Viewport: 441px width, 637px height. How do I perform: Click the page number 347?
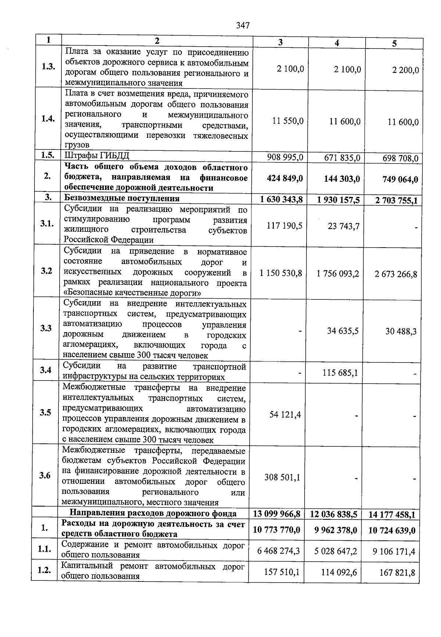pos(243,25)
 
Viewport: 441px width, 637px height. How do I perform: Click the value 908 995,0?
pos(285,157)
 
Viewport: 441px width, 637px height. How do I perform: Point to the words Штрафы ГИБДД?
pos(97,155)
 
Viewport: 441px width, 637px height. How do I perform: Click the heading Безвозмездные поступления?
pos(122,198)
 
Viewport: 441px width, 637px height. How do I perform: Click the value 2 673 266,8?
pos(396,274)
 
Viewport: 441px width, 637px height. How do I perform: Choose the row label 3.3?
pos(46,328)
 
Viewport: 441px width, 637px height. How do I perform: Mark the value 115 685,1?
pos(340,373)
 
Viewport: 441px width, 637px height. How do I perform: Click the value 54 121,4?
pos(285,414)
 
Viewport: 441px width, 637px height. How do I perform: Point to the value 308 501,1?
pos(282,477)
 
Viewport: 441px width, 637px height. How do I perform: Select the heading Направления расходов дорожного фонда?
pos(153,513)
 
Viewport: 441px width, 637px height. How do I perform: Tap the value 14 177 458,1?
pos(391,515)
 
